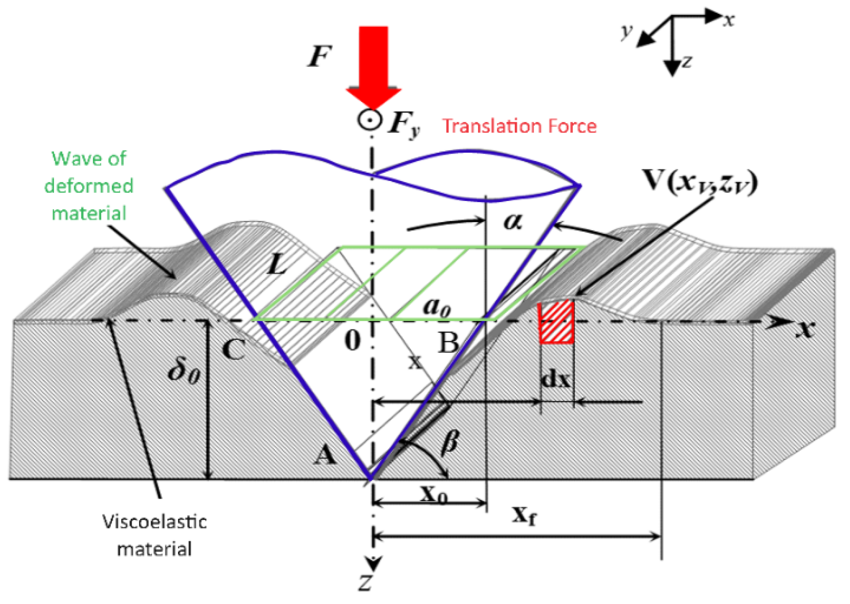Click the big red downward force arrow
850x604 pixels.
pos(373,65)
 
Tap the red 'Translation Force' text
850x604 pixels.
pos(519,126)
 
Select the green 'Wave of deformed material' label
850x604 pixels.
pos(89,186)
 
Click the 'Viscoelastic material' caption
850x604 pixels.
pos(155,535)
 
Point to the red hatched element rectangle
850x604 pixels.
pos(556,322)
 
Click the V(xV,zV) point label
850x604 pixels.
pos(699,181)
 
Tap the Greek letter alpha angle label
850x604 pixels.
pos(513,222)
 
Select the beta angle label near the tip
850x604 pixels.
pos(450,443)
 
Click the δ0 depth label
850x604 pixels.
pos(184,371)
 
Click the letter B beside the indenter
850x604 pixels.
pos(448,343)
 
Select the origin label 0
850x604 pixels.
pos(352,341)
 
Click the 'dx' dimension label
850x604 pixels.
pos(556,379)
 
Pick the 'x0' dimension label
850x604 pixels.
pos(433,494)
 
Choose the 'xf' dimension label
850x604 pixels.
pos(525,516)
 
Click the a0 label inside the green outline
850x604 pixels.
pos(437,307)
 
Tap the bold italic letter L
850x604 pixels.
pos(277,263)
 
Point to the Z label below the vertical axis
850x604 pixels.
pos(365,583)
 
